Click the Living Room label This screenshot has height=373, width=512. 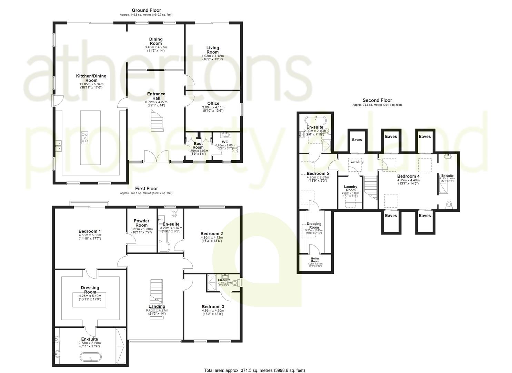pyautogui.click(x=213, y=50)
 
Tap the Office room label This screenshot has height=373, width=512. pyautogui.click(x=213, y=104)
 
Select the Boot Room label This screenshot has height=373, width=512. pyautogui.click(x=198, y=145)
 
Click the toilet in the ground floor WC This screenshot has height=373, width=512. pyautogui.click(x=235, y=149)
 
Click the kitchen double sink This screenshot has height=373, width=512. pyautogui.click(x=59, y=146)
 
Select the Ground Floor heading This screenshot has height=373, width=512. pyautogui.click(x=146, y=10)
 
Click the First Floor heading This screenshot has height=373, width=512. pyautogui.click(x=146, y=189)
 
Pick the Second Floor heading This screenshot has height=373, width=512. pyautogui.click(x=377, y=101)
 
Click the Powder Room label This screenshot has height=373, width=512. pyautogui.click(x=141, y=223)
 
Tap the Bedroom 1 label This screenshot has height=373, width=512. pyautogui.click(x=90, y=231)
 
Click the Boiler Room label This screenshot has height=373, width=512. pyautogui.click(x=315, y=260)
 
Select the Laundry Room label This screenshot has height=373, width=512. pyautogui.click(x=351, y=189)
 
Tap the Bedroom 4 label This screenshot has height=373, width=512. pyautogui.click(x=408, y=176)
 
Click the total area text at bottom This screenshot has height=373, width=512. pyautogui.click(x=254, y=370)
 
